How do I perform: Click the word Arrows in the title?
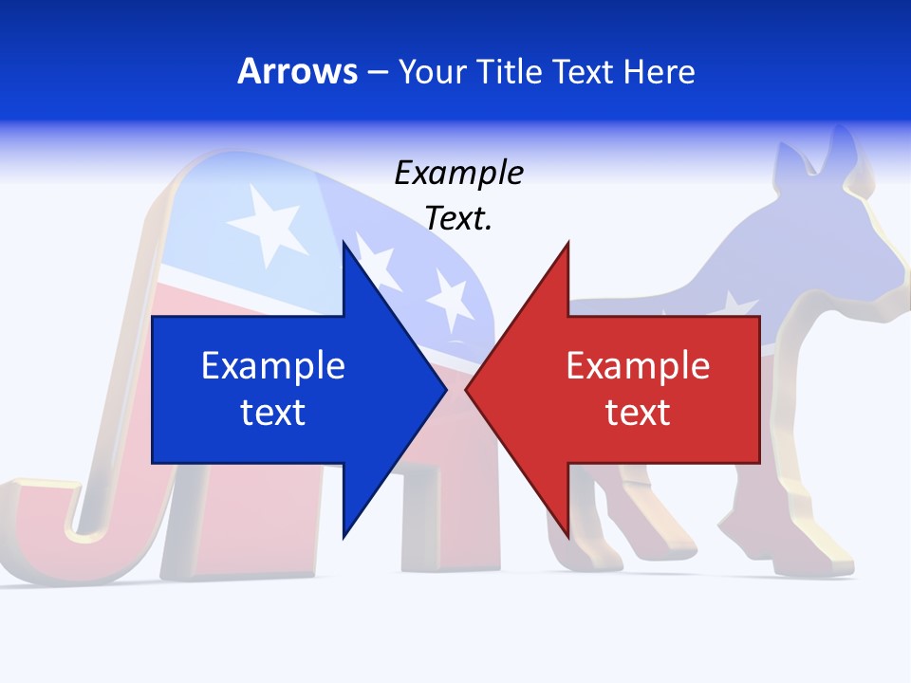(297, 71)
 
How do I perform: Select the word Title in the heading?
(510, 71)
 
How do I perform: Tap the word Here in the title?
(659, 71)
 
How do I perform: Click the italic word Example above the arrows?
(459, 174)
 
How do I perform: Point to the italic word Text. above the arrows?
(459, 219)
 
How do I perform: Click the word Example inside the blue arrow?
(273, 366)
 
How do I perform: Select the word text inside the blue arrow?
(273, 412)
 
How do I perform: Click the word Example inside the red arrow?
(638, 366)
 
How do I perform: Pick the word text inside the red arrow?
(638, 412)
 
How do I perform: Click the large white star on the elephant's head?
(268, 224)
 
